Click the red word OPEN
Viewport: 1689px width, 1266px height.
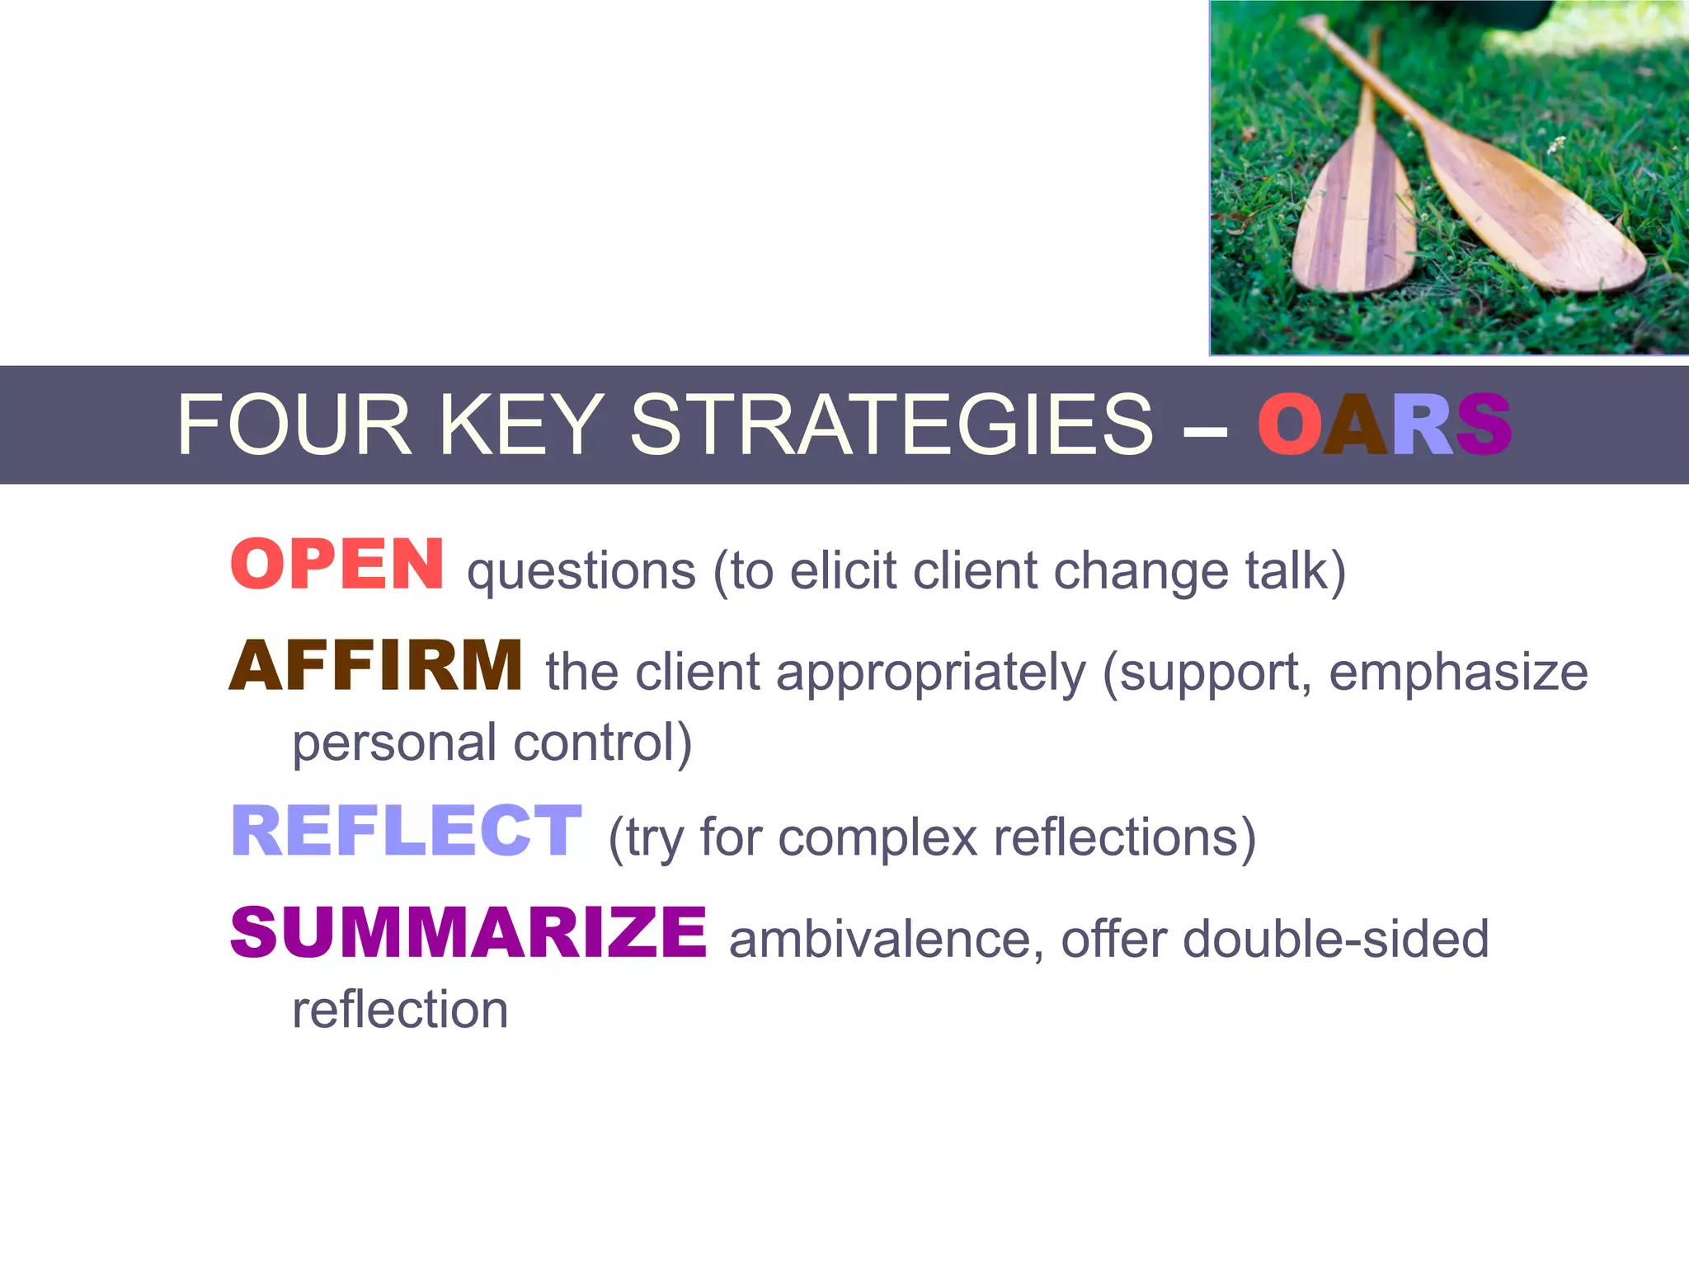337,565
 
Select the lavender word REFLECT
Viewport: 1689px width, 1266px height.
407,832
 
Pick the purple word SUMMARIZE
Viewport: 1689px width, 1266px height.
468,933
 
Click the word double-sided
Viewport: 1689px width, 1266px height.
1335,940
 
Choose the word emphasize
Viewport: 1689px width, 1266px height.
1458,673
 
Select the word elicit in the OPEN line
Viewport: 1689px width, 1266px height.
842,571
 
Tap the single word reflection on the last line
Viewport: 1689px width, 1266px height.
400,1010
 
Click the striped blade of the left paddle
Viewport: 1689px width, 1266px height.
1353,223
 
